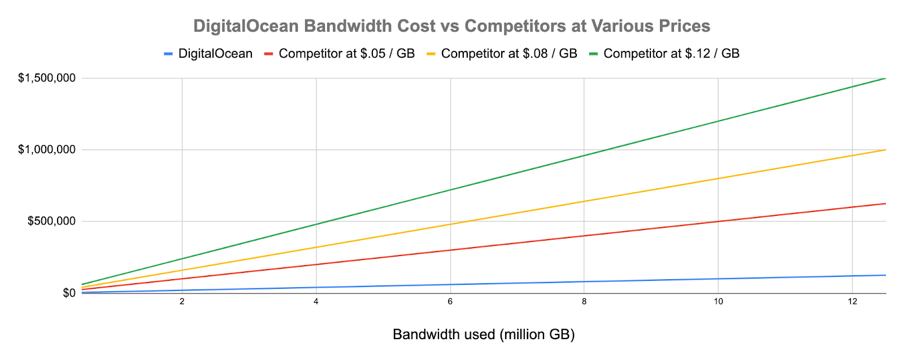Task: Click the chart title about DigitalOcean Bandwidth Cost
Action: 451,26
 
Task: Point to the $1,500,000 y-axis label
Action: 47,78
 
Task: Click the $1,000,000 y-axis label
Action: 47,150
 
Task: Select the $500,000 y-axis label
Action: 51,221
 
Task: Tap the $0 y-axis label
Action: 69,293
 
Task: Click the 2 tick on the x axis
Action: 182,302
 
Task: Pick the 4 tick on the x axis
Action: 316,302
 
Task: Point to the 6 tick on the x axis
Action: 450,302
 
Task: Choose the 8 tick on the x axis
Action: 584,302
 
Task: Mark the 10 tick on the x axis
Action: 718,302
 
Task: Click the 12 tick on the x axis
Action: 852,302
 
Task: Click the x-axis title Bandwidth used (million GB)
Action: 484,335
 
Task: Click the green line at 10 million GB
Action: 718,121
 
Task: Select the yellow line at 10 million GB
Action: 718,179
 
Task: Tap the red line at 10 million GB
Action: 718,222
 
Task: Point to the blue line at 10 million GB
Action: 718,279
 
